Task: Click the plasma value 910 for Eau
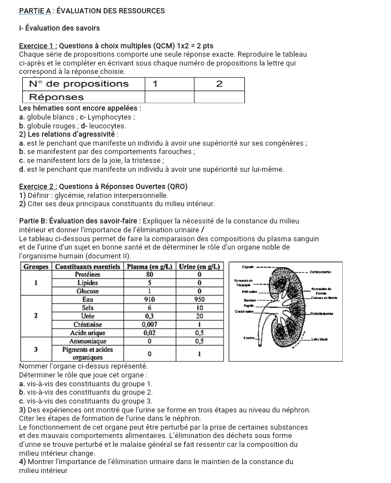(149, 298)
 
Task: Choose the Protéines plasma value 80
(149, 274)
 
